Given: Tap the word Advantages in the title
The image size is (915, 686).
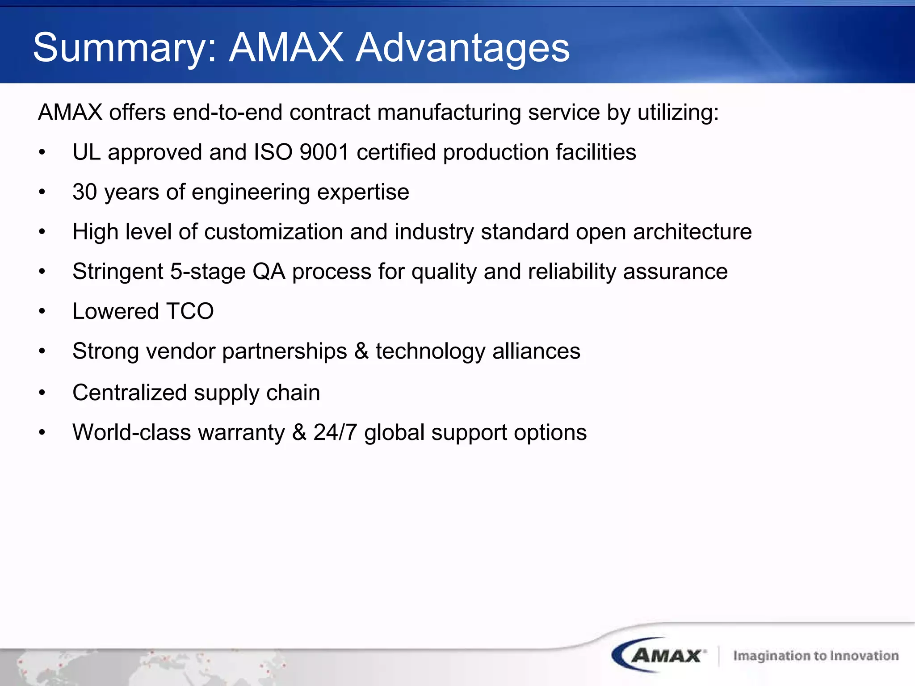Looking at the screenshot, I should pos(462,48).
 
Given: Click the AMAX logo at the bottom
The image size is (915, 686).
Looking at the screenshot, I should pos(659,655).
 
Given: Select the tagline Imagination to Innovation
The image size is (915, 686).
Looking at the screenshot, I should pos(816,656).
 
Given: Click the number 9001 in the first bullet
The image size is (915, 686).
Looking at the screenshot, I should pos(324,152).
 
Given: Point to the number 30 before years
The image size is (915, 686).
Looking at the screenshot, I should pos(85,192).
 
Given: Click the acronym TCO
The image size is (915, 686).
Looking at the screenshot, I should pos(190,311).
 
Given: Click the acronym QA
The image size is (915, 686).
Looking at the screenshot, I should pos(269,272).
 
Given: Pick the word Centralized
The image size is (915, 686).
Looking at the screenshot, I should pos(130,393).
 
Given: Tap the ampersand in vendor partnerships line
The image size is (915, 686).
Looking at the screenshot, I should pos(361,351).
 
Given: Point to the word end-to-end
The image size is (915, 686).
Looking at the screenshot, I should pos(227,112).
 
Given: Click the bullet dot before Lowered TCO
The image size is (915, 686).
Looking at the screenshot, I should pos(42,311).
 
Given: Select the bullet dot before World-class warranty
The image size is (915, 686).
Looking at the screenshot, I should pos(42,432).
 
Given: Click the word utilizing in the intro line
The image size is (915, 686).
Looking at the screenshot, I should pos(678,112).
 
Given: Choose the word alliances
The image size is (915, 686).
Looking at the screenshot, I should pos(536,351).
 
